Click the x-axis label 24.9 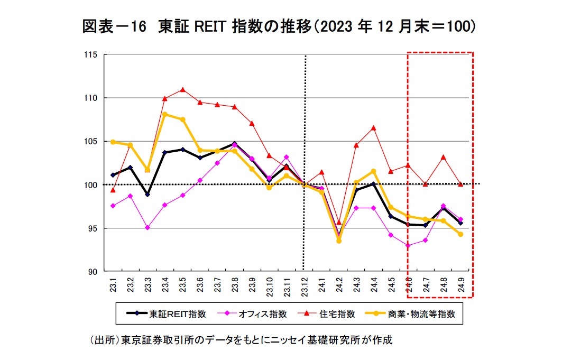[461, 285]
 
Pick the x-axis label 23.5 [183, 285]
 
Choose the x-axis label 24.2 [339, 285]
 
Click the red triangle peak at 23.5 [182, 89]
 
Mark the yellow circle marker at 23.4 [165, 114]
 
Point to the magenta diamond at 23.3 [148, 227]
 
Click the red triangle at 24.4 [373, 127]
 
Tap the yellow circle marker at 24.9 [460, 234]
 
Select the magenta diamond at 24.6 [408, 245]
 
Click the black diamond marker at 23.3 [148, 194]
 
